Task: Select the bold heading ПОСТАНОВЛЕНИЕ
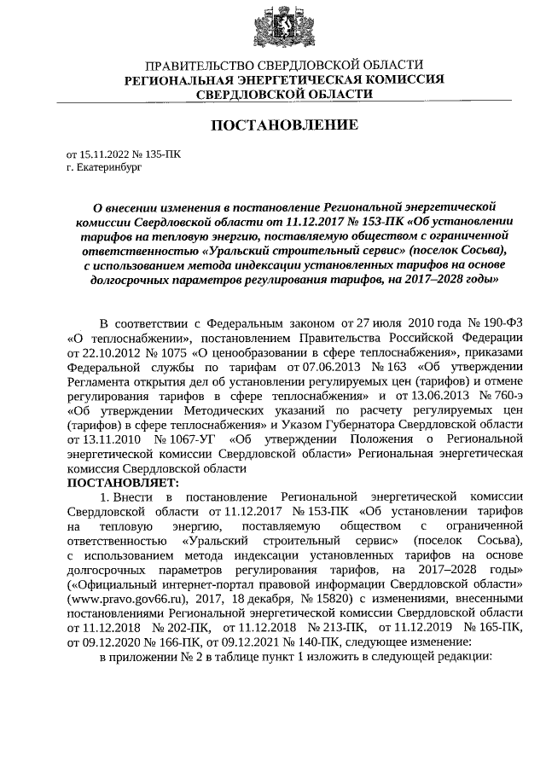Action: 284,125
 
